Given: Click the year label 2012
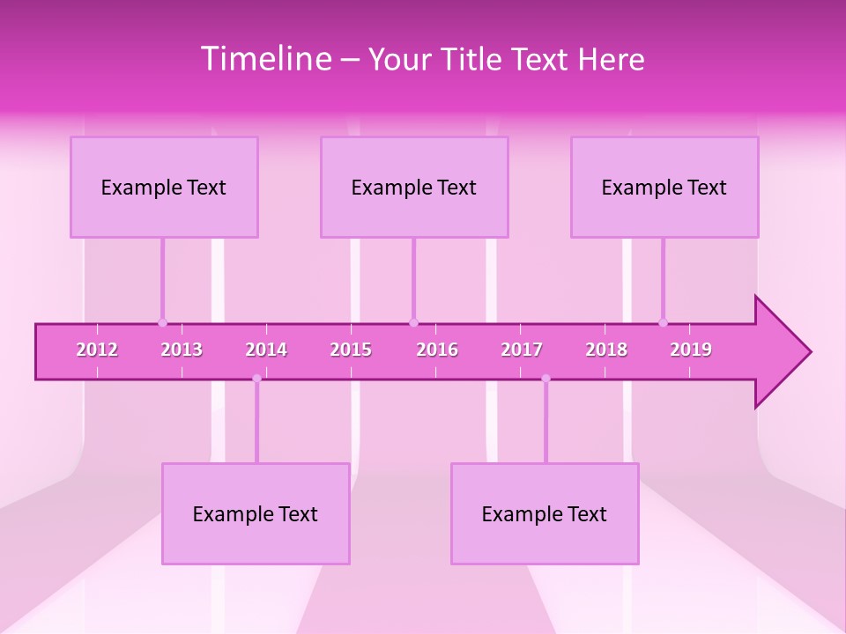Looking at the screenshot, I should (97, 350).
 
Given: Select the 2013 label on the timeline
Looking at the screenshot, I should (182, 350).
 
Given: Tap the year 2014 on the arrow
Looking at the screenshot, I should (266, 350).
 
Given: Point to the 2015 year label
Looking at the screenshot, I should (351, 350).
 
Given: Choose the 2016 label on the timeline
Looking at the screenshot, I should (437, 350).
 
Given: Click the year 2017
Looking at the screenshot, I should (522, 350).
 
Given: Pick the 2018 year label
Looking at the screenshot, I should (606, 350).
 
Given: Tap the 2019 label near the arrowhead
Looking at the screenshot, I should (691, 350).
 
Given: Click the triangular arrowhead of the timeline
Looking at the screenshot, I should (780, 351).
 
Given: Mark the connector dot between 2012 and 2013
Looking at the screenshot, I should (162, 323).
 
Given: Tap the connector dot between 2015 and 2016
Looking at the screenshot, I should (413, 323).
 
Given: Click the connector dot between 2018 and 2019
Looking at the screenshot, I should (663, 323).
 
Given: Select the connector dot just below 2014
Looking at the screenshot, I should (256, 379).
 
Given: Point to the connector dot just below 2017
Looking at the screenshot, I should (545, 379).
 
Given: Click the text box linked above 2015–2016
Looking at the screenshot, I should (414, 187).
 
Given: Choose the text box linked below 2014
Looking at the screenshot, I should (256, 513).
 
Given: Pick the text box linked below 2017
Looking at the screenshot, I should (545, 513).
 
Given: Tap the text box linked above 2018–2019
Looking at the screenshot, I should (664, 187).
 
